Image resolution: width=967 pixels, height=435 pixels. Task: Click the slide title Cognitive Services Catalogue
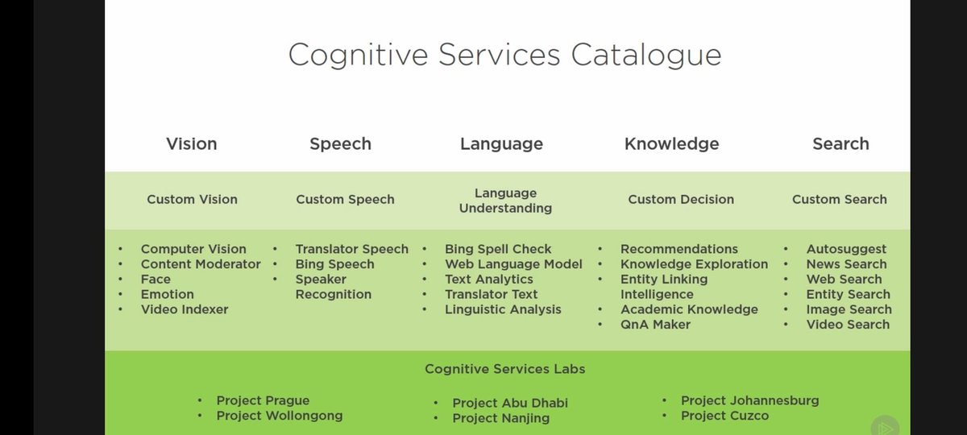504,55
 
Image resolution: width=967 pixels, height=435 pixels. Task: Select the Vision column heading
192,144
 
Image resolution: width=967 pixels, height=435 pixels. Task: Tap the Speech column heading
340,144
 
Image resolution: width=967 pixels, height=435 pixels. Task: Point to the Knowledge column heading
671,144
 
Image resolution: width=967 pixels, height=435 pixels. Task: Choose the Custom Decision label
681,200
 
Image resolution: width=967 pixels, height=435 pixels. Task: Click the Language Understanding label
505,201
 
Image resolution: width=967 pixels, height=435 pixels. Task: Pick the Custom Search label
839,200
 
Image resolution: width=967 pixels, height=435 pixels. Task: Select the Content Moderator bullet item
201,264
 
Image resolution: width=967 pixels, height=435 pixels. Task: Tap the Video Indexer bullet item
185,309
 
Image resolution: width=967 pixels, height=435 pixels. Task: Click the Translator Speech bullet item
351,250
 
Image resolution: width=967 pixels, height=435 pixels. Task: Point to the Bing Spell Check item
498,250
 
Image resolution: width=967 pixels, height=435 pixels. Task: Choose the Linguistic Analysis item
503,309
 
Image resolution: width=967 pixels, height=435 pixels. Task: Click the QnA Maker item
655,325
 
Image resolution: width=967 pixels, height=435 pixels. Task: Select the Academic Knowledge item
689,309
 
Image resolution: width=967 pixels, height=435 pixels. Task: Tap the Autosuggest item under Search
846,250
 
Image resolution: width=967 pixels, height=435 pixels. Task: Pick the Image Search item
849,309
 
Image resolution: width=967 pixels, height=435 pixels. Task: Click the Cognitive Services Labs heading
505,369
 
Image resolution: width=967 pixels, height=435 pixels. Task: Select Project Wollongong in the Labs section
279,416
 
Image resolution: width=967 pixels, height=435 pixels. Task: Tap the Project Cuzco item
724,416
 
